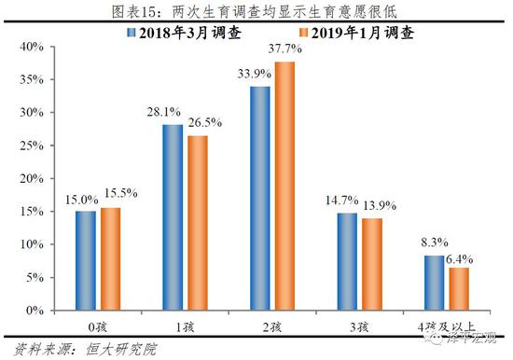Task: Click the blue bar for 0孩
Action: (x=85, y=260)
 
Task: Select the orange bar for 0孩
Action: (x=111, y=258)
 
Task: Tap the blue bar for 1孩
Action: (x=172, y=217)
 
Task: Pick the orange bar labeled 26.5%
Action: (x=198, y=223)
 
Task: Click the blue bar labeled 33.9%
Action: (x=258, y=198)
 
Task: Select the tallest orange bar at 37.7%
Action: (x=284, y=186)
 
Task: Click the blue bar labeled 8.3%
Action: (x=433, y=283)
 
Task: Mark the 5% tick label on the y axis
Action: (x=27, y=277)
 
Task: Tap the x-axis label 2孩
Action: (x=271, y=325)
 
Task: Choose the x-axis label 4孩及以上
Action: (x=446, y=325)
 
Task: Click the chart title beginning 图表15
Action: (x=256, y=10)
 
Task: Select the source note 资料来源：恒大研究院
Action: (x=70, y=348)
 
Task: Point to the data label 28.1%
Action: (x=172, y=112)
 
